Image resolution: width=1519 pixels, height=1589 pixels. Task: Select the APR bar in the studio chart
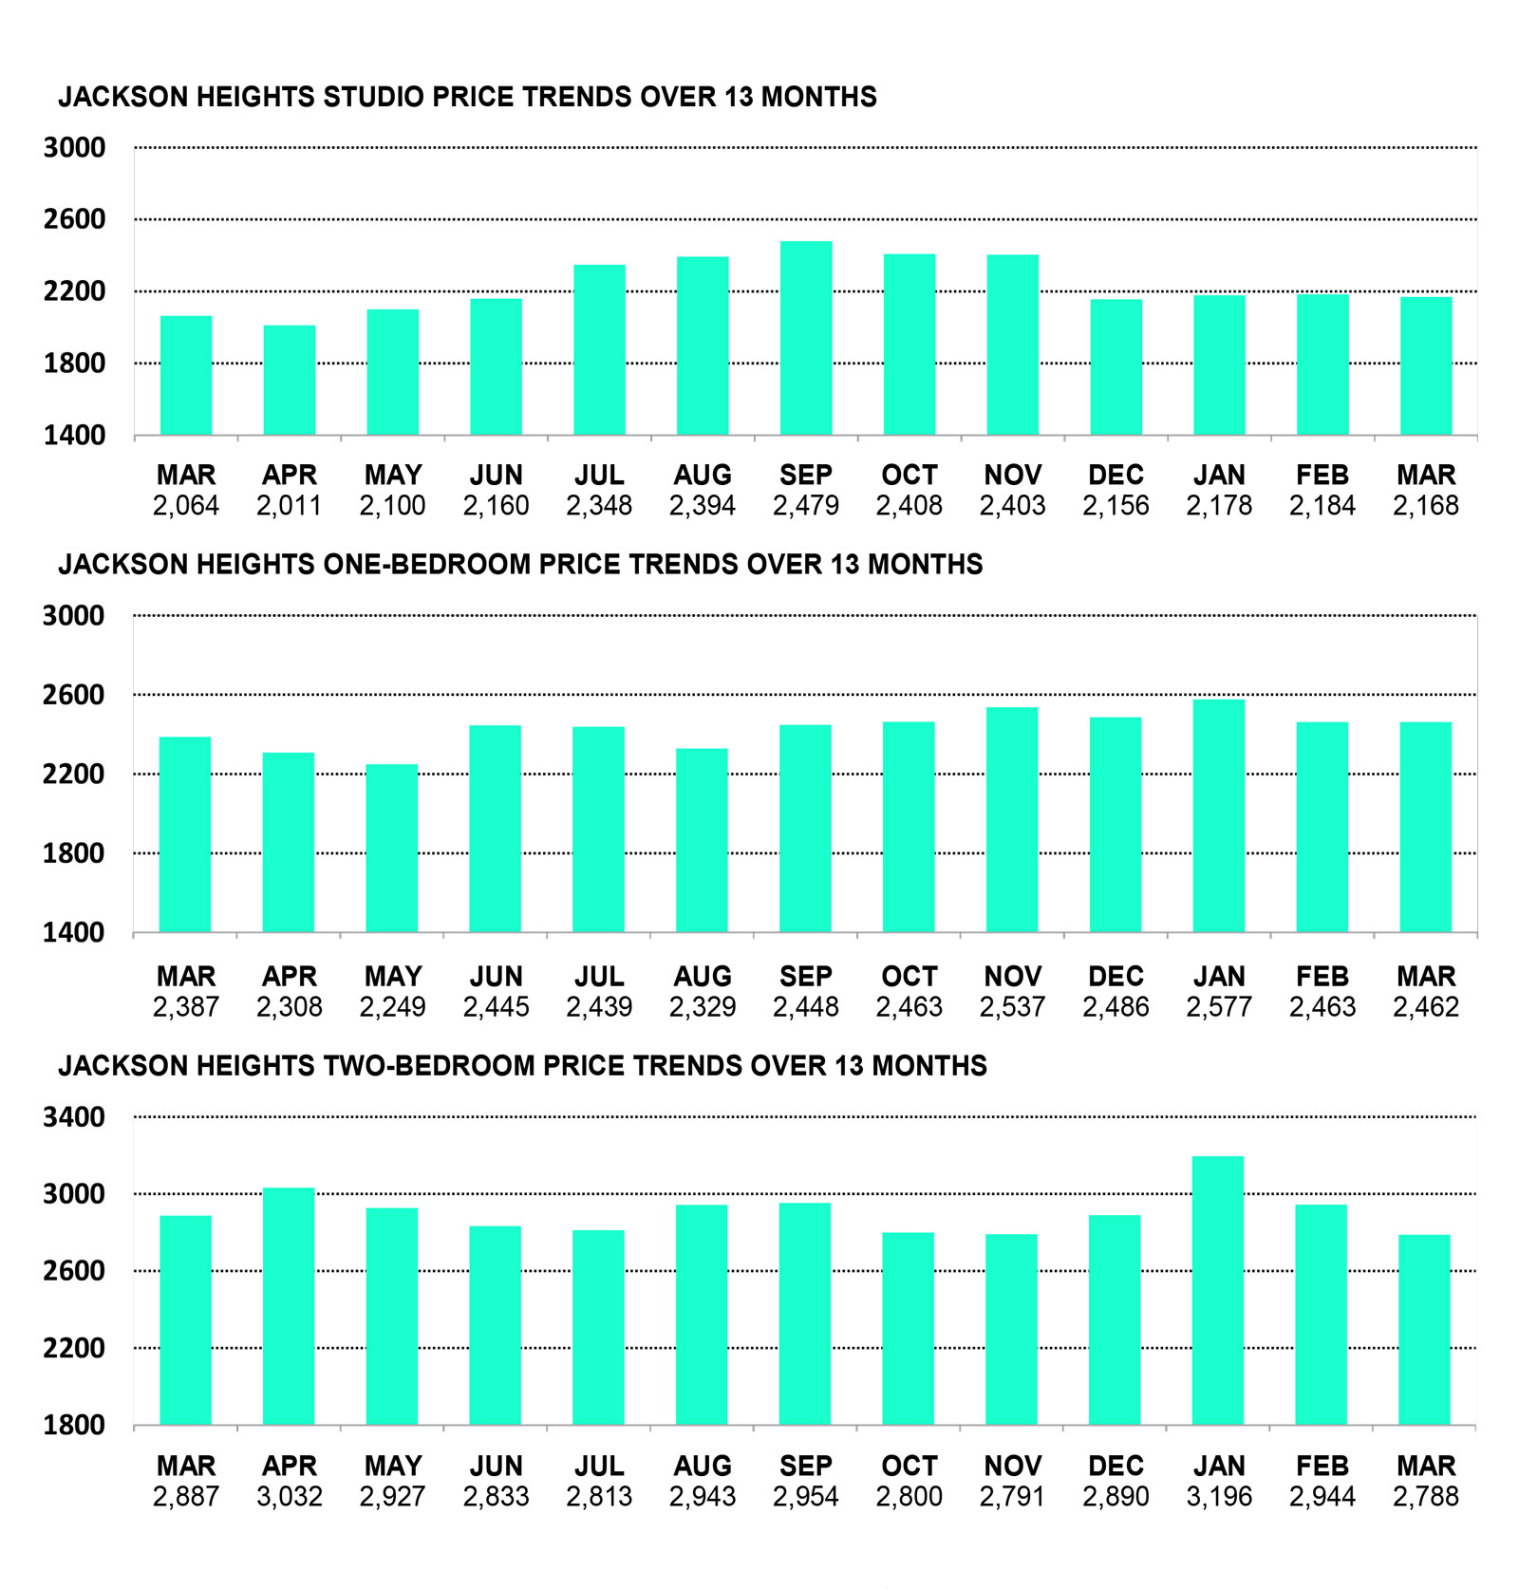[290, 380]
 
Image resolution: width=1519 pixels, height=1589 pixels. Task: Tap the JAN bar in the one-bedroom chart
[1219, 816]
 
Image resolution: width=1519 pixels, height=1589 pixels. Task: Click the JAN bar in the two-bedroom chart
[1219, 1290]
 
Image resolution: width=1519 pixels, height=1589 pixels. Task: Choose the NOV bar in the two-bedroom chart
[1012, 1329]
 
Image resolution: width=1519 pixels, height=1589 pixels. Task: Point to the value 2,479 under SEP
[806, 506]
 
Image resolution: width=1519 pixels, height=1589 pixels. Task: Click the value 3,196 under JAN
[1219, 1497]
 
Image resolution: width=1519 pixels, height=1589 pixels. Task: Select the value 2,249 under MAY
[392, 1007]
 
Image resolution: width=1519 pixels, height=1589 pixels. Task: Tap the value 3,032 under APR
[290, 1497]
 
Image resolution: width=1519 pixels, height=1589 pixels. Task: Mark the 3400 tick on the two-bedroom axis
[74, 1117]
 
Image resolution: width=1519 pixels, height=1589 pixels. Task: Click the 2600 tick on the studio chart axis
[74, 219]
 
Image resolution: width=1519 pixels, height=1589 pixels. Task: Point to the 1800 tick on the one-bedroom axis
[74, 853]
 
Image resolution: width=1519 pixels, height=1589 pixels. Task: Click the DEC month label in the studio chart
[1116, 475]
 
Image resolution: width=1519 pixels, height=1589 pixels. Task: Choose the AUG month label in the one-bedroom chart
[703, 976]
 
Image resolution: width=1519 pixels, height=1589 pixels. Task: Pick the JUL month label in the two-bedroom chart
[599, 1466]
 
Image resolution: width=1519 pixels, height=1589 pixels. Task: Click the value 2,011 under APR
[290, 506]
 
